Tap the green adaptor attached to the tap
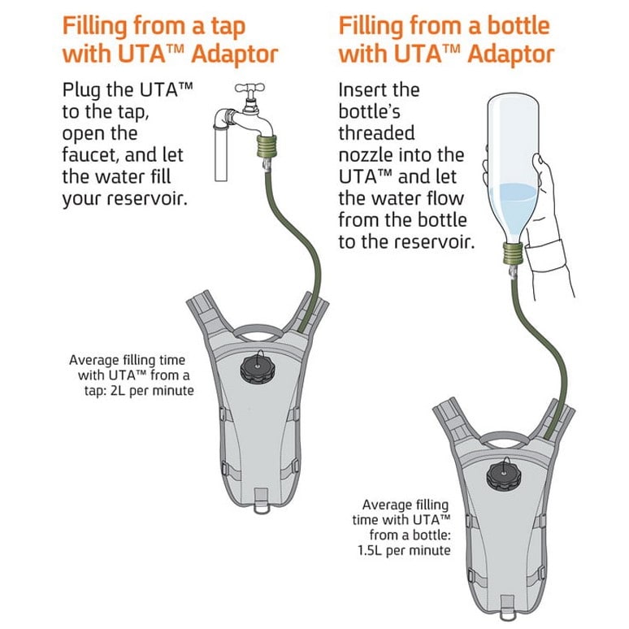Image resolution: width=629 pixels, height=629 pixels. tap(266, 147)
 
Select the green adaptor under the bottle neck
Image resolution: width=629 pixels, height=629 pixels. tap(513, 254)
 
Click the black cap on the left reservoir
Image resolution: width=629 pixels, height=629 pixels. tap(258, 369)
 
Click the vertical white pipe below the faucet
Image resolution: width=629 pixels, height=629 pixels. tap(221, 153)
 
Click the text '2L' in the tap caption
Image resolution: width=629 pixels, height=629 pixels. tap(119, 390)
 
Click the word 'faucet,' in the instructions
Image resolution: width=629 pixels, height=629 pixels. tap(91, 155)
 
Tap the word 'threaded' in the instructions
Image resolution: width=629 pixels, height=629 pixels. tap(376, 132)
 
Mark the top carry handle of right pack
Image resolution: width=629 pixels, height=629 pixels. tap(503, 439)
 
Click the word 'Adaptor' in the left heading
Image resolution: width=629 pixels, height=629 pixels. tap(235, 55)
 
